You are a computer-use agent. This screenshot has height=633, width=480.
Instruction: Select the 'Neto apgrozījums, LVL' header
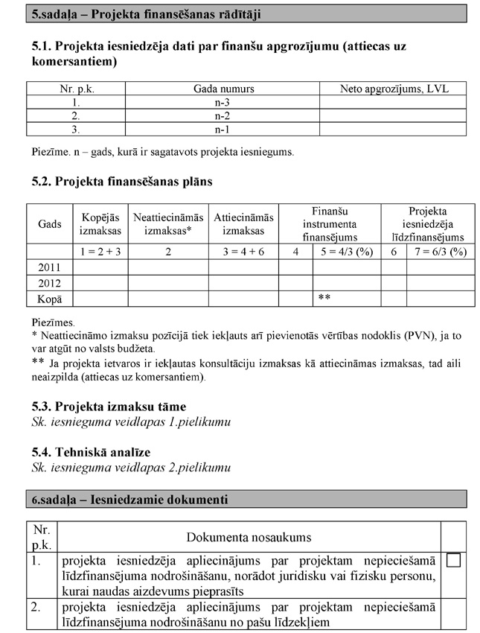pos(394,89)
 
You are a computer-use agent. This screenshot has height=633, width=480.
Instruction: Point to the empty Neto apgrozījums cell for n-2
pos(394,115)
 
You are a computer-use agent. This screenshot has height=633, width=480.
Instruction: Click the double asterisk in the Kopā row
pos(324,299)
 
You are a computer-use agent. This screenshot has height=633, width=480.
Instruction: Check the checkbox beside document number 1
pos(453,560)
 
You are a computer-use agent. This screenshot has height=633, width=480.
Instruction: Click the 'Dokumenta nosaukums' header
pos(249,537)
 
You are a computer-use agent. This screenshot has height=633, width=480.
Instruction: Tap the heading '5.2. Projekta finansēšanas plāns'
pos(122,181)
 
